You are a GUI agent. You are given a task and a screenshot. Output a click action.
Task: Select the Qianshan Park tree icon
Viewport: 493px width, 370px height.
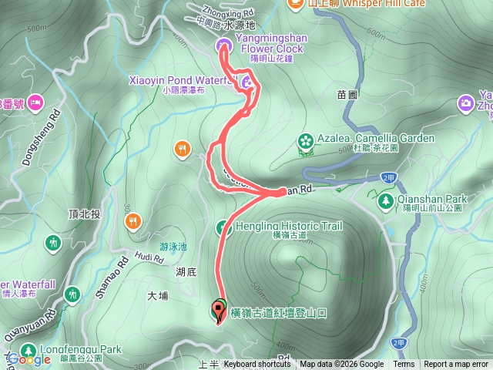tap(385, 201)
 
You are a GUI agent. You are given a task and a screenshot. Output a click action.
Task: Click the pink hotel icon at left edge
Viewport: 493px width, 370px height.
tap(35, 103)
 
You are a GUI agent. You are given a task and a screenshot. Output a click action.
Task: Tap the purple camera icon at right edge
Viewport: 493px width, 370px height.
tap(464, 103)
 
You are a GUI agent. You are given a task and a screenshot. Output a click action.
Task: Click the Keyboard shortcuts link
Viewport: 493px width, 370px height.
tap(257, 365)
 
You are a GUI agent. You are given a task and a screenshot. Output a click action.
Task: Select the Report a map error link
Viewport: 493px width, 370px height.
tap(456, 365)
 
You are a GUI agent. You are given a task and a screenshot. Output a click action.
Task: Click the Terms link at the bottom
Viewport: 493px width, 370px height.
tap(404, 365)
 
